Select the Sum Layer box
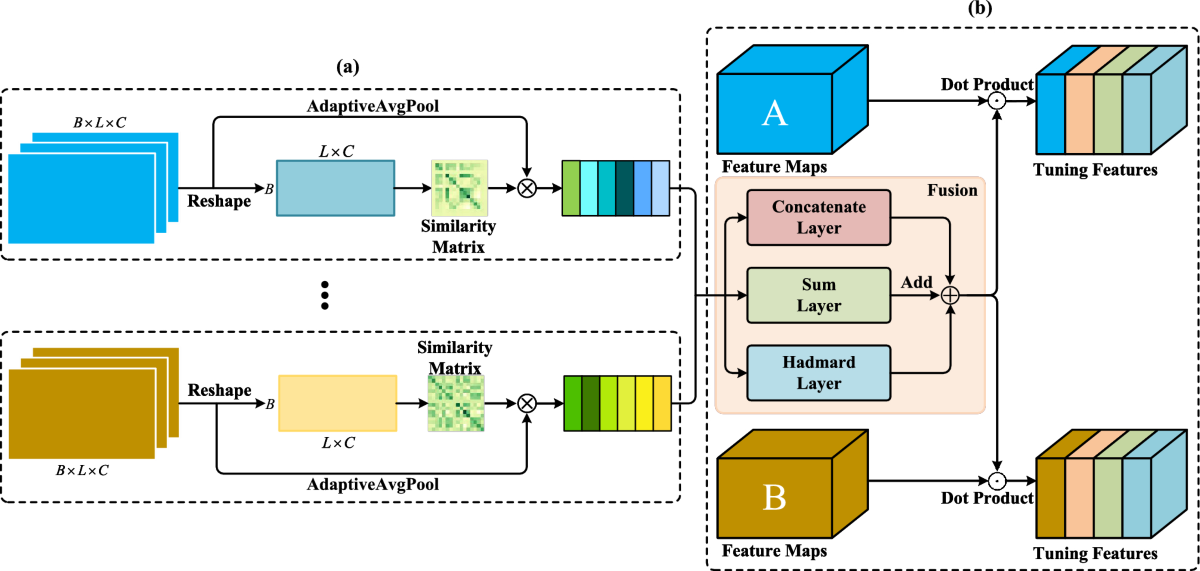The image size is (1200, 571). click(818, 295)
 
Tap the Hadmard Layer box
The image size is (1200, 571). click(818, 371)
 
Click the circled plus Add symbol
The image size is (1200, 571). click(950, 295)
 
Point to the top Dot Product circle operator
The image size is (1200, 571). click(997, 101)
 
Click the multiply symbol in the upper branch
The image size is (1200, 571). click(526, 186)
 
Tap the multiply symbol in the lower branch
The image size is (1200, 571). click(526, 403)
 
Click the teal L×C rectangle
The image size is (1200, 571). click(335, 186)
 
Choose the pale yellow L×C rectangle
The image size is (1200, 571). click(337, 402)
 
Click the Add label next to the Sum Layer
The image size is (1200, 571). click(917, 284)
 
